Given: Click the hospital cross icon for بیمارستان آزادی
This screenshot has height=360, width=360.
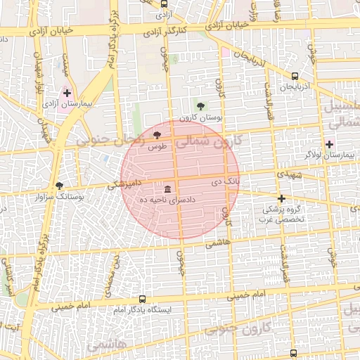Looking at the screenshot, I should click(67, 93).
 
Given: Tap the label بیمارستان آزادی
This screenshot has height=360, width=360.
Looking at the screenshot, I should click(68, 104).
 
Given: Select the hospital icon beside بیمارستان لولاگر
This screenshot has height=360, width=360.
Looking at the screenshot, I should click(330, 143).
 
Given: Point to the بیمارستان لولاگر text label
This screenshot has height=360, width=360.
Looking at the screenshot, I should click(328, 153).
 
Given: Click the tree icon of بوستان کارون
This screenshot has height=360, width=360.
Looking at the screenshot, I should click(202, 107).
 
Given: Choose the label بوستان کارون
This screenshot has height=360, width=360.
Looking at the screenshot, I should click(201, 118).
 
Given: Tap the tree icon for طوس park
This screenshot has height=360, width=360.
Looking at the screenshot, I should click(156, 135).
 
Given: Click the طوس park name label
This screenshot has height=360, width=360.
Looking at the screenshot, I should click(157, 146).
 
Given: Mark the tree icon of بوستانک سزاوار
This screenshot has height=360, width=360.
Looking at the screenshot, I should click(59, 187).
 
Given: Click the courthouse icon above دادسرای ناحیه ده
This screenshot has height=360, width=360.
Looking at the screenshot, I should click(167, 190).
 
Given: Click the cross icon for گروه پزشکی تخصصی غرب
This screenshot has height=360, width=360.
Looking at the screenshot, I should click(282, 199).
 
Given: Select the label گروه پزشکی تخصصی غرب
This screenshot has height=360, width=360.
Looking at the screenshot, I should click(281, 214).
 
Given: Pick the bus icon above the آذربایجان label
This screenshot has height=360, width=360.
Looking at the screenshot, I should click(295, 77).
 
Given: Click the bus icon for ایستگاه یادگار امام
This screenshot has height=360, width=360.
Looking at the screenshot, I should click(143, 299).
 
